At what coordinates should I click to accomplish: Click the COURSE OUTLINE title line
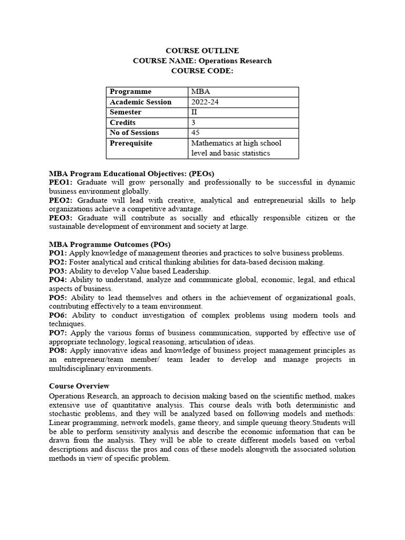point(202,51)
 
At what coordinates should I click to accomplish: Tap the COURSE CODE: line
point(202,71)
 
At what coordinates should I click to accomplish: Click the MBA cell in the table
point(200,92)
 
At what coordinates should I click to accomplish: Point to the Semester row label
point(126,112)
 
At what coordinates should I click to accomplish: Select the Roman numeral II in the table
point(195,112)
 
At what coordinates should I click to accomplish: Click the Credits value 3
point(194,122)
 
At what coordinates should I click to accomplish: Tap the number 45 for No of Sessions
point(196,133)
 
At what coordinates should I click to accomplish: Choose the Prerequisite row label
point(131,143)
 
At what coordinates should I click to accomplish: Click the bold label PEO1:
point(61,182)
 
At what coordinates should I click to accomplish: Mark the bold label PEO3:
point(61,218)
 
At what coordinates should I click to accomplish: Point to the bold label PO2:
point(58,262)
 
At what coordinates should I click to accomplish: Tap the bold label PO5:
point(58,298)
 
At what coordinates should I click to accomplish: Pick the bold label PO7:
point(58,333)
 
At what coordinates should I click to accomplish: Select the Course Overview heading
point(79,386)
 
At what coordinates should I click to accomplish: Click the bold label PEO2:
point(61,200)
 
